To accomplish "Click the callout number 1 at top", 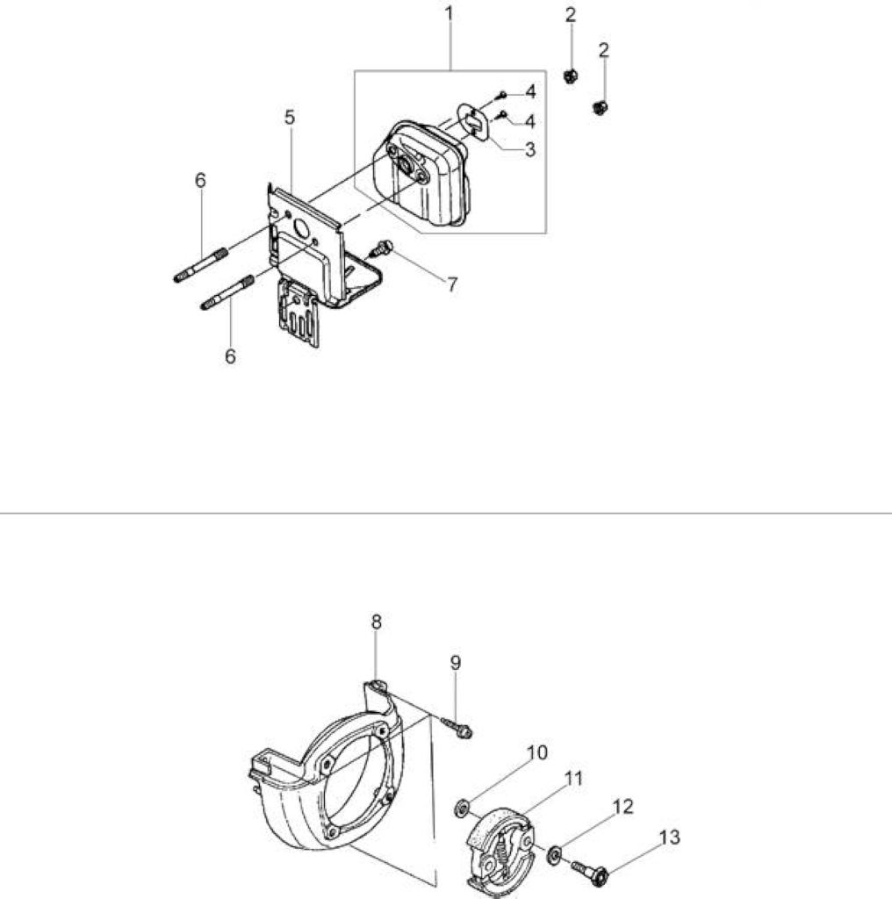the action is pyautogui.click(x=450, y=14).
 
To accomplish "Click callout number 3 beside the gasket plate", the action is pyautogui.click(x=530, y=149).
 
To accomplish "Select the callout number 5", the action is pyautogui.click(x=290, y=118).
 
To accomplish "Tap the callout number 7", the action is pyautogui.click(x=452, y=284).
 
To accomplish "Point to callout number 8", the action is pyautogui.click(x=376, y=622).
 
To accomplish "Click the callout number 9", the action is pyautogui.click(x=455, y=663).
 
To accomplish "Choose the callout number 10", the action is pyautogui.click(x=537, y=752).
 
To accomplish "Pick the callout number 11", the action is pyautogui.click(x=574, y=779).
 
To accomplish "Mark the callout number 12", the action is pyautogui.click(x=623, y=807).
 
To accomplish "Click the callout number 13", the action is pyautogui.click(x=670, y=838).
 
